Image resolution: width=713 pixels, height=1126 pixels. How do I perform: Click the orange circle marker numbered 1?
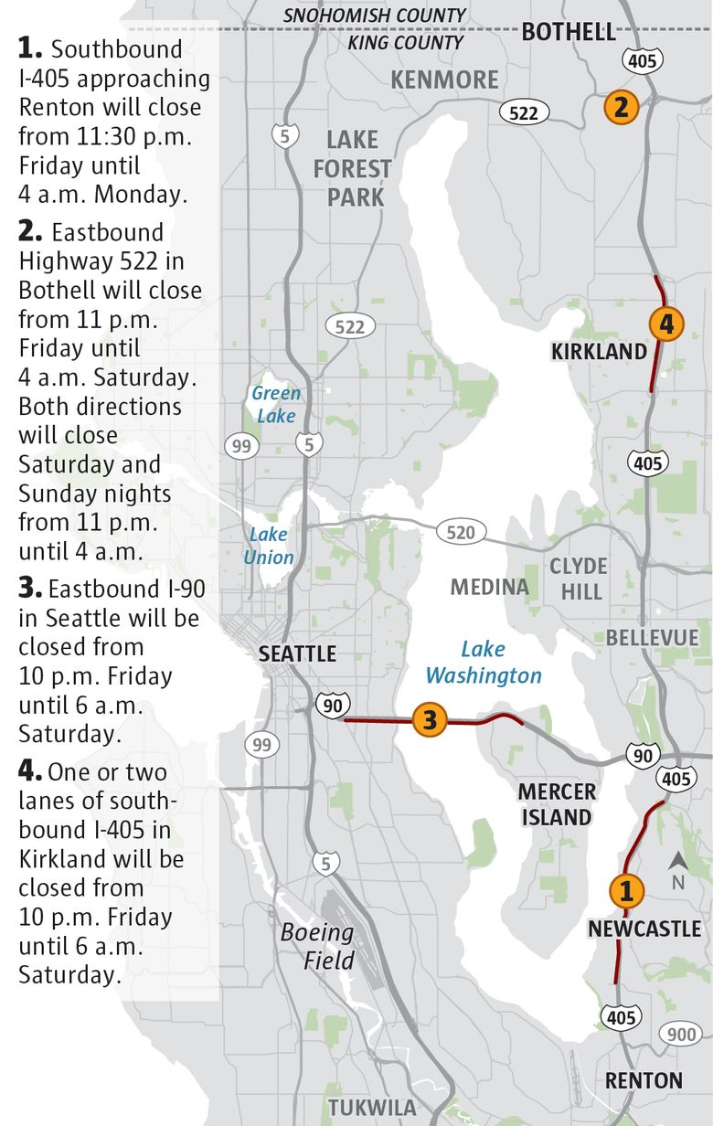(x=626, y=889)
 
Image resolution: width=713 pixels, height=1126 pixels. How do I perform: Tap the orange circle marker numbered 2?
(x=621, y=108)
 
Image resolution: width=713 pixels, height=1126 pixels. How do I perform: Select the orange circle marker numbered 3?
(x=430, y=720)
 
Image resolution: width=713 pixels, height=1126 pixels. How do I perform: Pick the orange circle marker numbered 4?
(x=666, y=324)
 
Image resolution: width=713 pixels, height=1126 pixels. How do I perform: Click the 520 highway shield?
(x=461, y=531)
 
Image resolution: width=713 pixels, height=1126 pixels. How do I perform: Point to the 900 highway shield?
(x=679, y=1034)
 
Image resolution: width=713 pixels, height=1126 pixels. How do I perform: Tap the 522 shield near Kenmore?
(x=524, y=112)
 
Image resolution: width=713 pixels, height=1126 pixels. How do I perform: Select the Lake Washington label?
(x=484, y=663)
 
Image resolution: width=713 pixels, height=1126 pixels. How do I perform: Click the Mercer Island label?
(x=557, y=804)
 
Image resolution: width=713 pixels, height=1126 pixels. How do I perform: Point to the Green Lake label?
(x=275, y=404)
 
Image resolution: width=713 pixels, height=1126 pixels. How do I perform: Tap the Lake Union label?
(x=268, y=546)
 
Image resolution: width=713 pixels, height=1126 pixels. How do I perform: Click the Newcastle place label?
(x=644, y=929)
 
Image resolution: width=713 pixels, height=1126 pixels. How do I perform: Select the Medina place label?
(x=489, y=587)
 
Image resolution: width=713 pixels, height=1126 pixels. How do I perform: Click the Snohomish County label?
(x=375, y=16)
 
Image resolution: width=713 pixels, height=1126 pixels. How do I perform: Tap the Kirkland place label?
(x=599, y=352)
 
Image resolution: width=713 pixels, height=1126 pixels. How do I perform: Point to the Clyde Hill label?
(x=578, y=579)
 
